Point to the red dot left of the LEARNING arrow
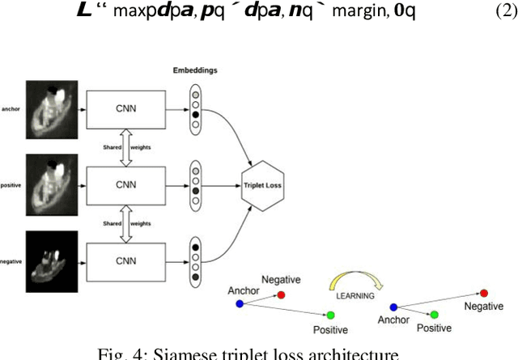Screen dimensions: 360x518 (281, 295)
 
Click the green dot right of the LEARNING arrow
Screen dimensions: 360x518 (435, 314)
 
